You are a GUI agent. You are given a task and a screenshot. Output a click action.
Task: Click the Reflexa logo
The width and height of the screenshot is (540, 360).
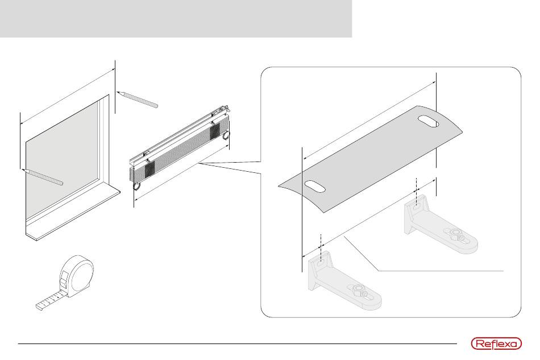[496, 344]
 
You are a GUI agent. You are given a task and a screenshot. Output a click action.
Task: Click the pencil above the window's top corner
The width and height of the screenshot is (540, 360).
[136, 98]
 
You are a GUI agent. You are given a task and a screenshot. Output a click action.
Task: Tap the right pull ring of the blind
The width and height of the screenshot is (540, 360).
[226, 135]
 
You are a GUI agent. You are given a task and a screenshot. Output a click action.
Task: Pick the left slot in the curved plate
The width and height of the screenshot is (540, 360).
[314, 185]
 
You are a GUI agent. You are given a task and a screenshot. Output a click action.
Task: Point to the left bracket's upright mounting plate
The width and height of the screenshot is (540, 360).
[317, 273]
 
